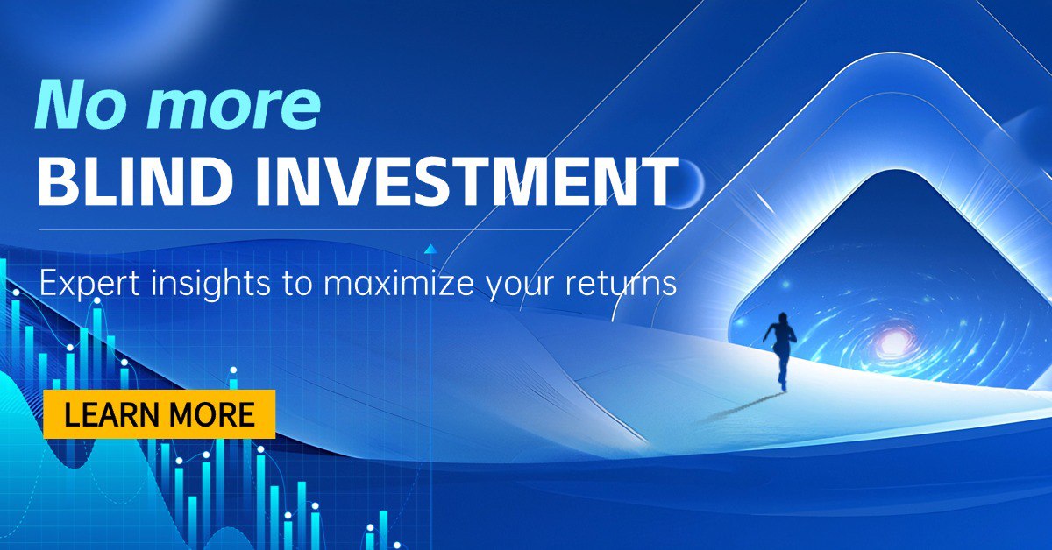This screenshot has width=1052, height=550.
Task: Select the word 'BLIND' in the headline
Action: pos(134,181)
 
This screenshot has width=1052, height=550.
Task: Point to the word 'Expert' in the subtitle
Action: pos(89,284)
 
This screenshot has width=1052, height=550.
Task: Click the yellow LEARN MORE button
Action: pos(160,414)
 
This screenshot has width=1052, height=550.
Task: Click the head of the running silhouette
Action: pos(782,318)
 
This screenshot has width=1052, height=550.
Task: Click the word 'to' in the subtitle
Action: pos(297,284)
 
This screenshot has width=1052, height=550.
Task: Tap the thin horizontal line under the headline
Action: pos(305,230)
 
